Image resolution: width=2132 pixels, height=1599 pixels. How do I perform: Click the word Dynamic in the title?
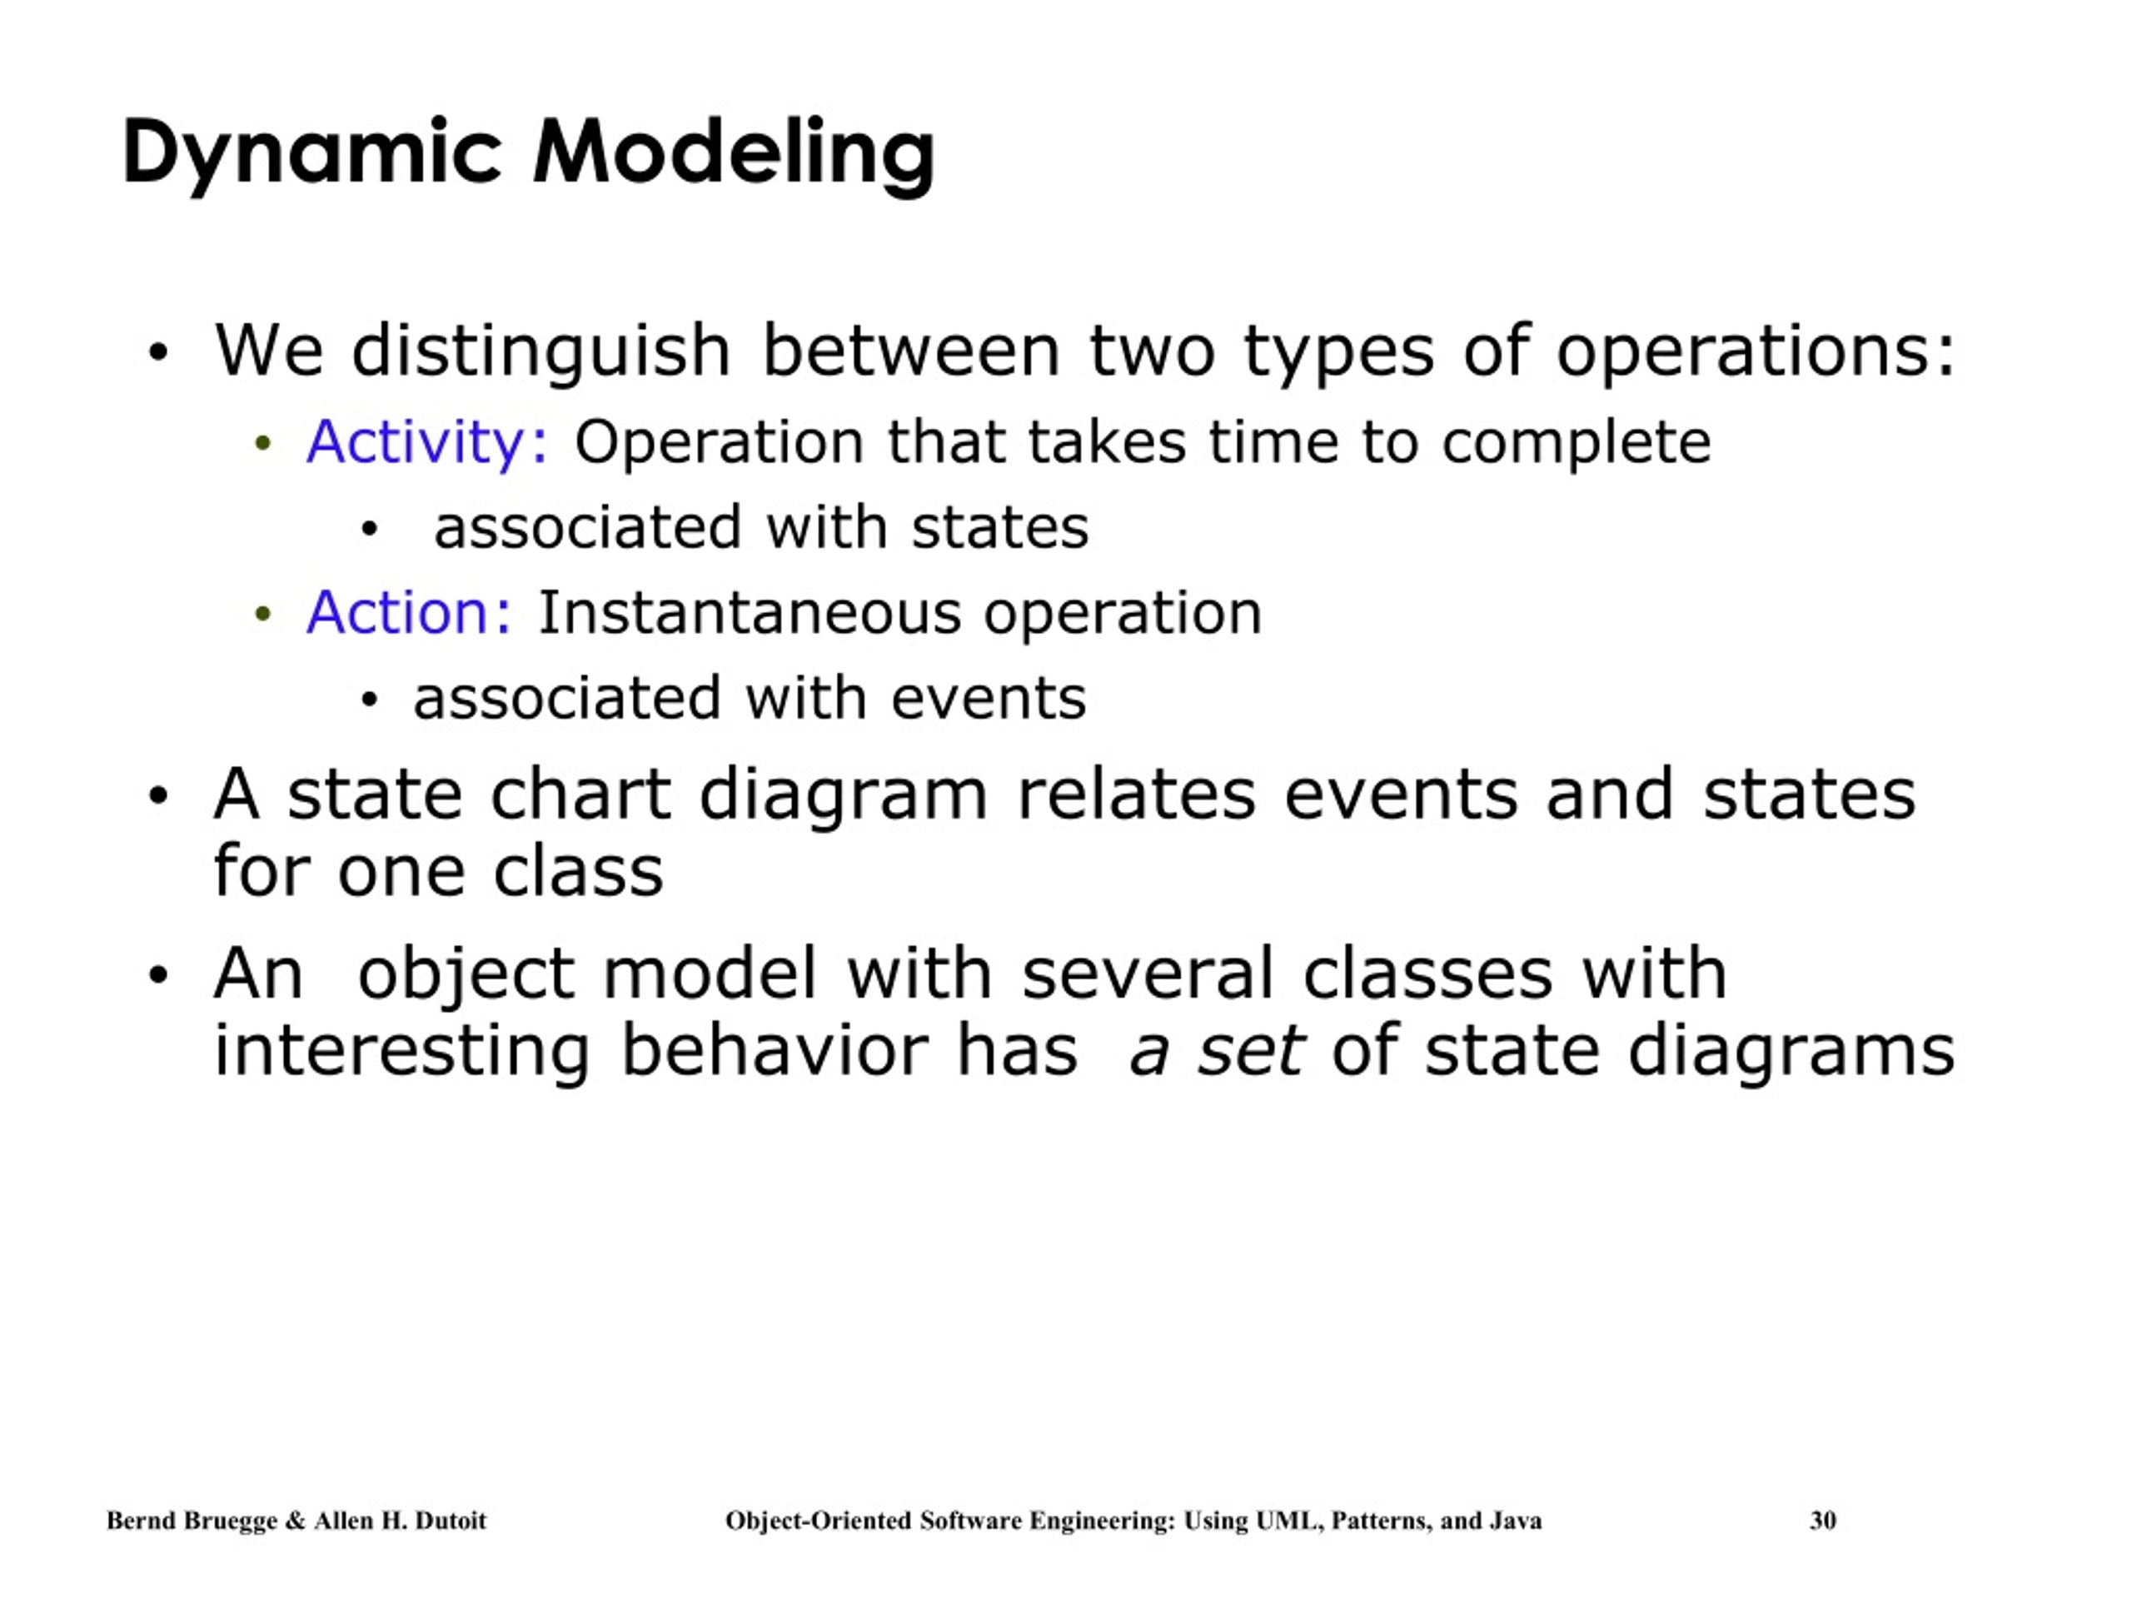(x=311, y=152)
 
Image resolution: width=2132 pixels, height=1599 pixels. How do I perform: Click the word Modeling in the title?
(x=734, y=152)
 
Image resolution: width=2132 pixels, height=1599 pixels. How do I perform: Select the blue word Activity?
(x=427, y=442)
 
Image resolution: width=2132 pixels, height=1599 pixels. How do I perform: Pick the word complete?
(x=1576, y=442)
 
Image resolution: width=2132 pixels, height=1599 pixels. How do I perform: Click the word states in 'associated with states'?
(x=999, y=527)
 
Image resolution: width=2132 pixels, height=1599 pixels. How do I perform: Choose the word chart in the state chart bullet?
(x=580, y=795)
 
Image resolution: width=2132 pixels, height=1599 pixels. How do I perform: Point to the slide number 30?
(x=1821, y=1520)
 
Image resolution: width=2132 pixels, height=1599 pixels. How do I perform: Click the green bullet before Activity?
(x=262, y=445)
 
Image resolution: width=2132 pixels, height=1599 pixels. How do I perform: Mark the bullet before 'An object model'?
(x=158, y=975)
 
